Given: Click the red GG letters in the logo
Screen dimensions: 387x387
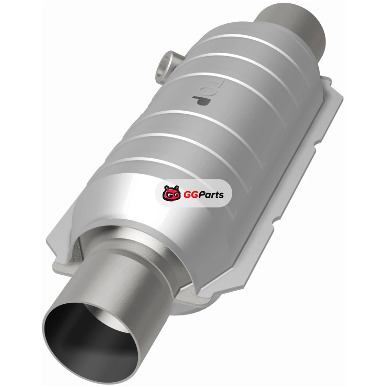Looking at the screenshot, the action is tap(189, 195).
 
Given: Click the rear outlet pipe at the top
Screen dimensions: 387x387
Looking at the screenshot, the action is tap(291, 25).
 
